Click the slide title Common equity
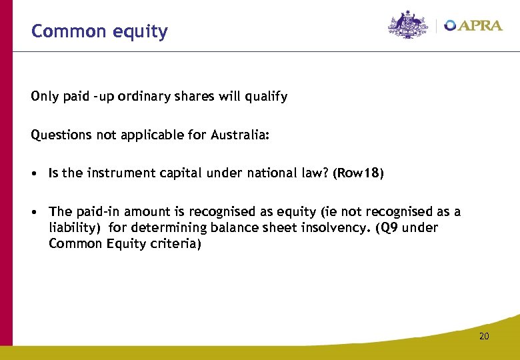(99, 31)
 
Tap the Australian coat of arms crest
(409, 25)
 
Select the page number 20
(484, 336)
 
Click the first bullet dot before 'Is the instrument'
(34, 174)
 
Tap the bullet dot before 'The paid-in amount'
(34, 212)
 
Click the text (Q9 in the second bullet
(388, 228)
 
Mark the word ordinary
(140, 97)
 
